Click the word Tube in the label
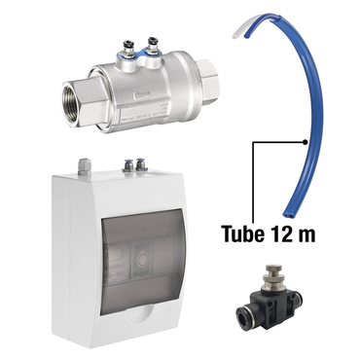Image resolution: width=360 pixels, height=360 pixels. click(242, 234)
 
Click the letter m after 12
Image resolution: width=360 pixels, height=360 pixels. click(306, 235)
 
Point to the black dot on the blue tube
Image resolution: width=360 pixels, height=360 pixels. click(305, 142)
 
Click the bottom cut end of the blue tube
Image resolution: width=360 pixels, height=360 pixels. click(287, 213)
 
